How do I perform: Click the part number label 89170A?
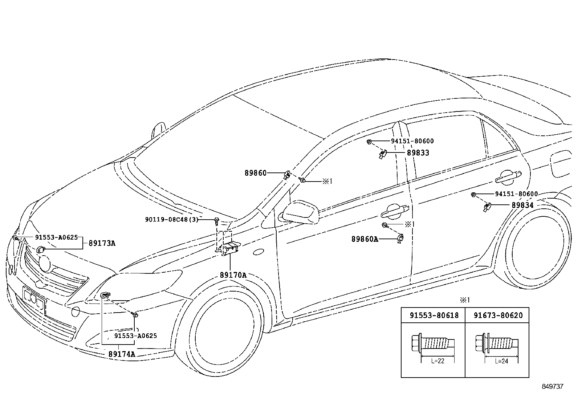point(233,275)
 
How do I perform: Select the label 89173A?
point(102,243)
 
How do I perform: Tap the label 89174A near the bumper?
point(122,354)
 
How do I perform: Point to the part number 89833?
point(418,153)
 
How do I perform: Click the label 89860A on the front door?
point(365,239)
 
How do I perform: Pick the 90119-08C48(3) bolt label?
point(172,220)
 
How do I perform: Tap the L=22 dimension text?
point(438,361)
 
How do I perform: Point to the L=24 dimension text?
point(502,361)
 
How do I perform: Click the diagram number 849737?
point(553,386)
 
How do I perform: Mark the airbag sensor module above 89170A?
point(230,249)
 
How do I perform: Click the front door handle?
point(395,211)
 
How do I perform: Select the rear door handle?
point(508,177)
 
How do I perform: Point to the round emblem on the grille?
point(45,264)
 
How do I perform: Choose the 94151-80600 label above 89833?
point(412,141)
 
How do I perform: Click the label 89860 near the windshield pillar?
point(256,173)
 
